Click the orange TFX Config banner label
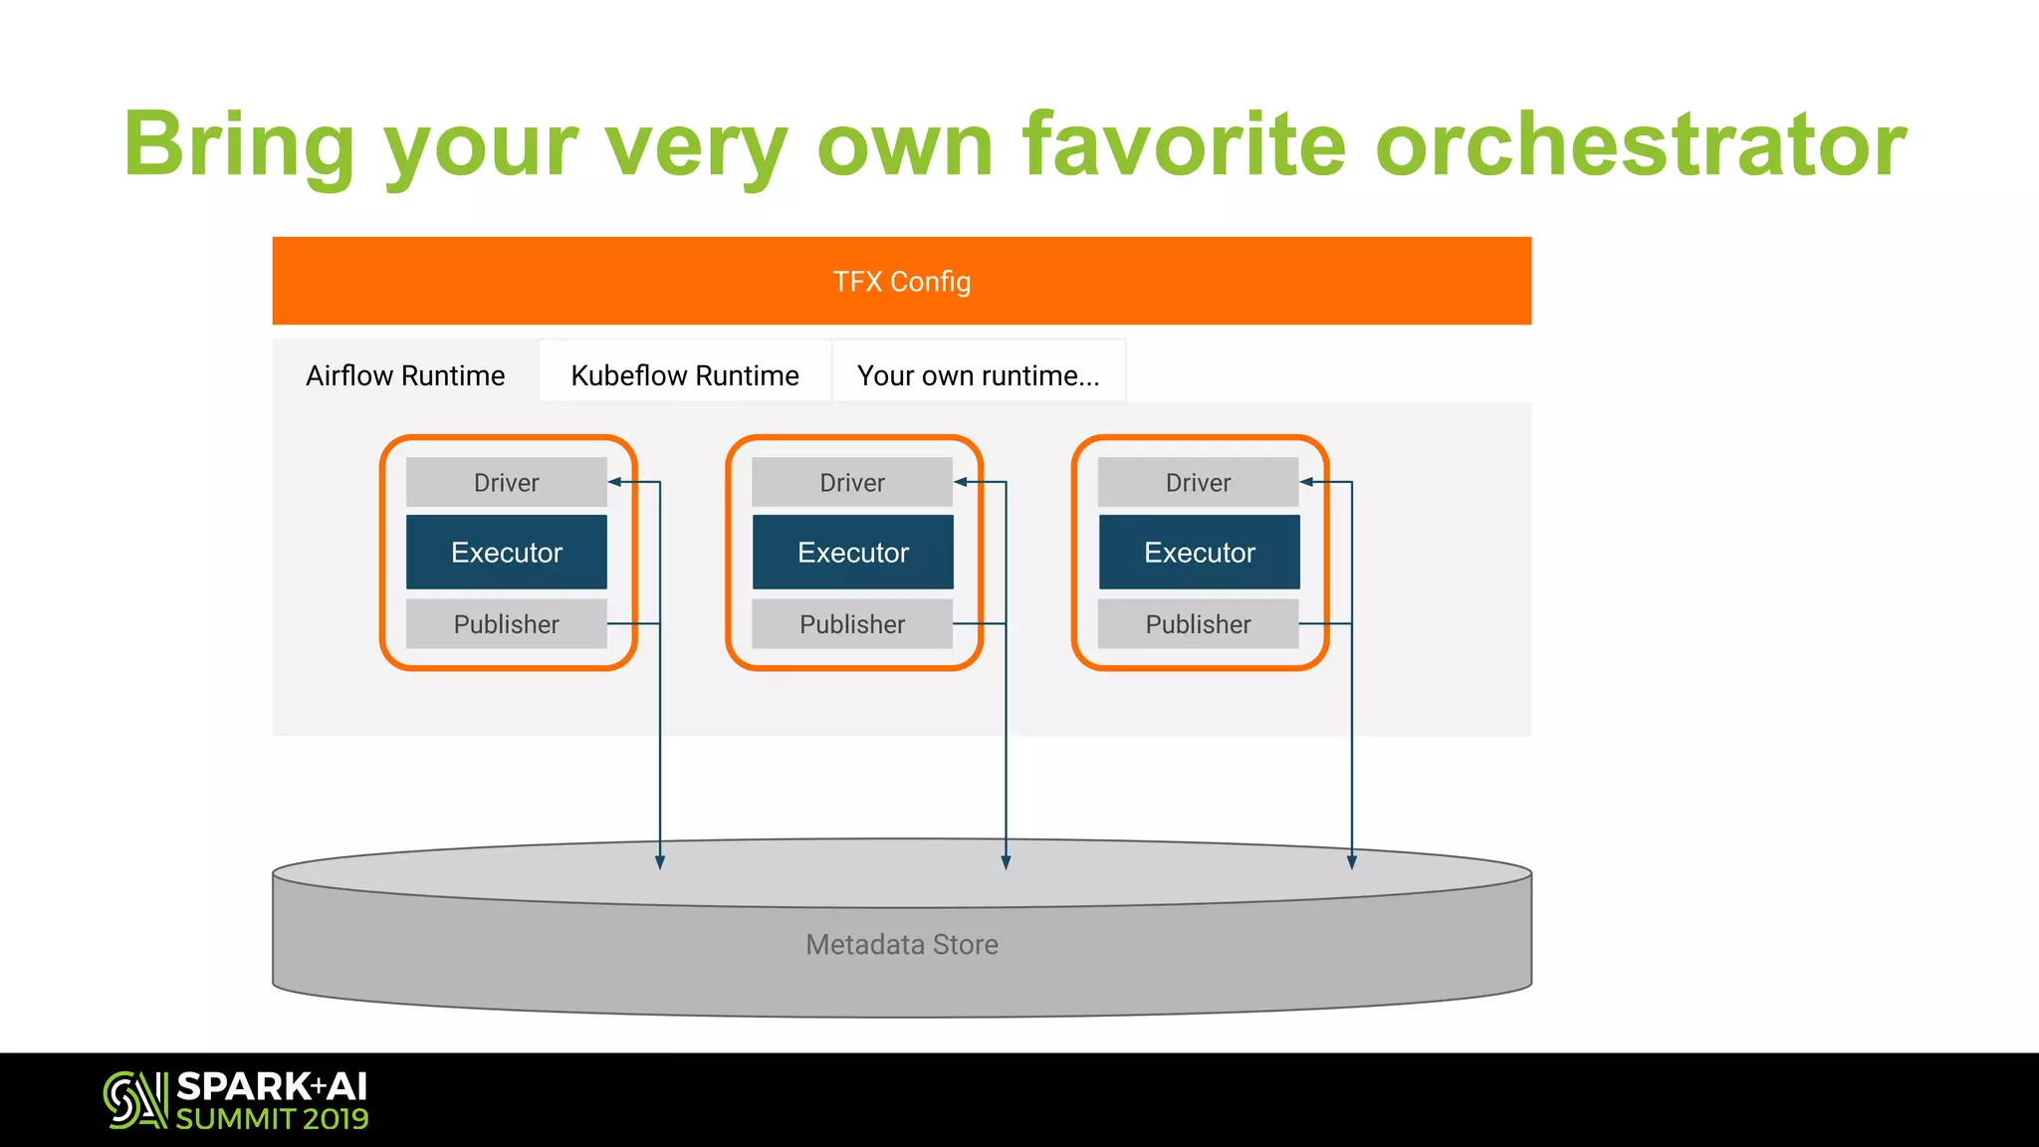click(x=901, y=282)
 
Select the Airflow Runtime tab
click(x=405, y=375)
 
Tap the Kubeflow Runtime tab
click(x=685, y=375)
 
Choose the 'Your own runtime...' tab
click(x=979, y=375)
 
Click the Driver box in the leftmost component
click(x=506, y=483)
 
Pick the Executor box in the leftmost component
click(x=506, y=553)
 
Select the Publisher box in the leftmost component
click(x=506, y=624)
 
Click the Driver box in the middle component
click(x=852, y=483)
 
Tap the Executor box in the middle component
click(x=852, y=553)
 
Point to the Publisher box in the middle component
click(x=852, y=624)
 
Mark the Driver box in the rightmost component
click(x=1198, y=483)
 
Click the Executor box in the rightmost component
click(x=1199, y=553)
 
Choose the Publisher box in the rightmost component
click(x=1198, y=624)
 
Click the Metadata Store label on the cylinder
click(x=901, y=944)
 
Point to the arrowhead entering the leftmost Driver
click(x=615, y=482)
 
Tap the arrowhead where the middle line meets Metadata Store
click(x=1006, y=861)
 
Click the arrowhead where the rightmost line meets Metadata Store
click(x=1351, y=861)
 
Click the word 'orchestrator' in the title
click(x=1640, y=144)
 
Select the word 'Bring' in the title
click(x=239, y=144)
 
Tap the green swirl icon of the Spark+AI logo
click(x=134, y=1100)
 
